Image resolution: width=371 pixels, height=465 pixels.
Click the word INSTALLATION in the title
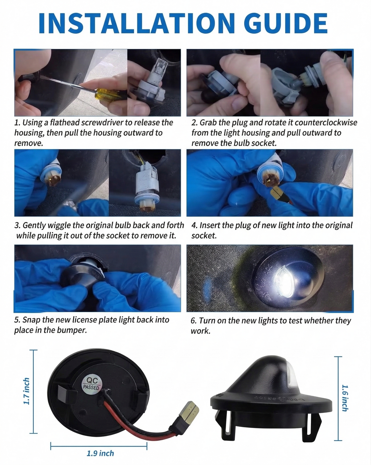coord(136,23)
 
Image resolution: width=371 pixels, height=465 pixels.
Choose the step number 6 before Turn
coord(193,321)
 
